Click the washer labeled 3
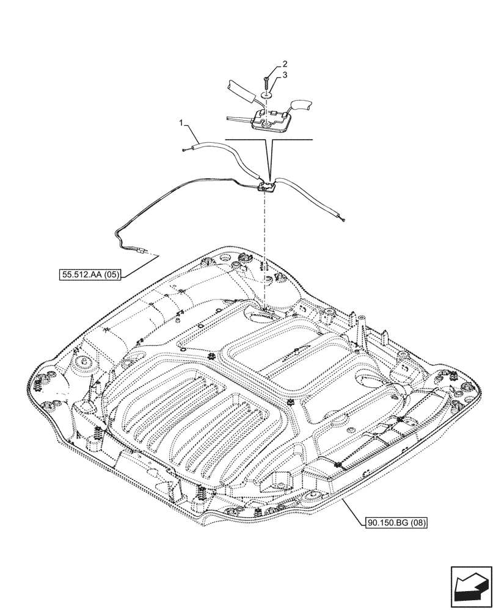tap(266, 95)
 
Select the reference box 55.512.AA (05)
tap(91, 275)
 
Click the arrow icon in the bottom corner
tap(470, 587)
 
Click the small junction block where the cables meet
tap(267, 186)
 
